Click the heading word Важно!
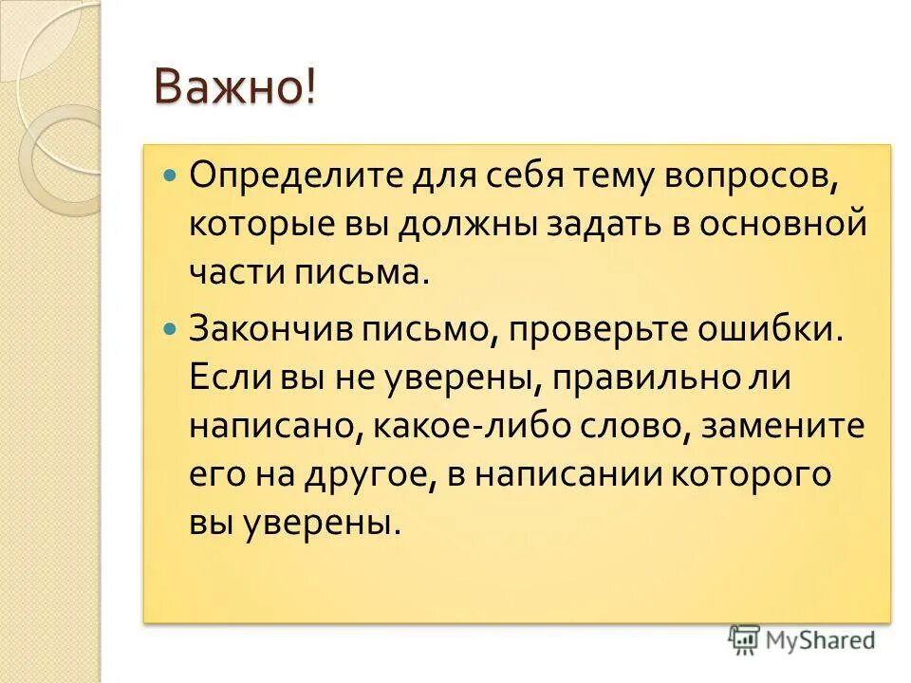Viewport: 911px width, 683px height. point(235,89)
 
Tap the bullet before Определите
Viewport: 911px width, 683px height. point(171,175)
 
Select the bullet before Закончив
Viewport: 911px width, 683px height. point(171,326)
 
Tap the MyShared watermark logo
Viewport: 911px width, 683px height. point(802,640)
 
